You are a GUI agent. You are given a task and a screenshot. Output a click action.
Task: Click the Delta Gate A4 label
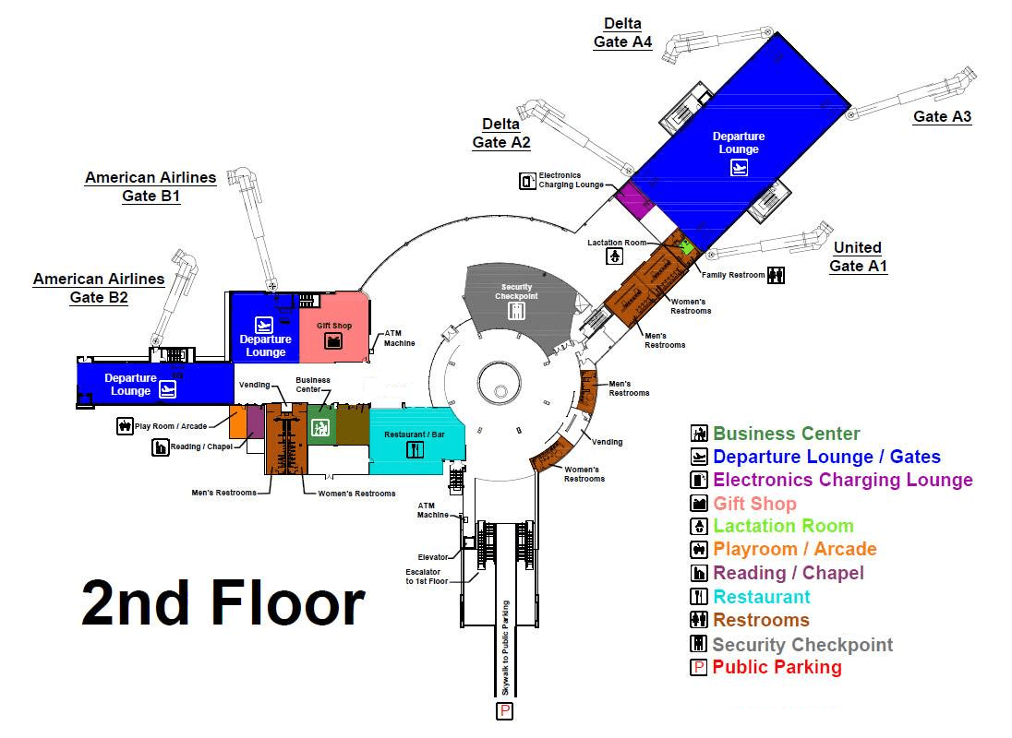pyautogui.click(x=622, y=33)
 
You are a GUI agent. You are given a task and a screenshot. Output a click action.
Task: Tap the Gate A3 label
pyautogui.click(x=942, y=117)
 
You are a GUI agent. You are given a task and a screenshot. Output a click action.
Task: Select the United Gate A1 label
pyautogui.click(x=858, y=257)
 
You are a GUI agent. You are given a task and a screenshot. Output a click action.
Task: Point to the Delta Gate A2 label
pyautogui.click(x=501, y=134)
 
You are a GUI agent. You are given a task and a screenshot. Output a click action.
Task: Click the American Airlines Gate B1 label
pyautogui.click(x=151, y=186)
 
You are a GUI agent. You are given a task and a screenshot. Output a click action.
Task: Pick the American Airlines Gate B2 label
pyautogui.click(x=99, y=288)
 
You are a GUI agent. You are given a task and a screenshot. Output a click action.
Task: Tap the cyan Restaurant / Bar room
pyautogui.click(x=415, y=442)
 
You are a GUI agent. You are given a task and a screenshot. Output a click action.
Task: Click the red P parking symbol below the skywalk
pyautogui.click(x=504, y=710)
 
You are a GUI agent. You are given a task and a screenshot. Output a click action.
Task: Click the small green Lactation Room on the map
pyautogui.click(x=685, y=246)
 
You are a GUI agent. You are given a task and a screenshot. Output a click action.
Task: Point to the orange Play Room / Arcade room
pyautogui.click(x=237, y=421)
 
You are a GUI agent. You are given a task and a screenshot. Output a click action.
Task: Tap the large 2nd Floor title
pyautogui.click(x=223, y=605)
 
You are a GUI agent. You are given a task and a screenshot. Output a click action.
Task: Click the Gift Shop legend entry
pyautogui.click(x=754, y=504)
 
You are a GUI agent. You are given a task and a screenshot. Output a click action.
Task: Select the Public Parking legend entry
pyautogui.click(x=776, y=667)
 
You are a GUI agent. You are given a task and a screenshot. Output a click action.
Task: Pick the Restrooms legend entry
pyautogui.click(x=761, y=620)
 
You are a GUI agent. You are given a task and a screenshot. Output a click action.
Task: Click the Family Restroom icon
pyautogui.click(x=777, y=274)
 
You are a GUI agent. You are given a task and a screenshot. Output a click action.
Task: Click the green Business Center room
pyautogui.click(x=320, y=425)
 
